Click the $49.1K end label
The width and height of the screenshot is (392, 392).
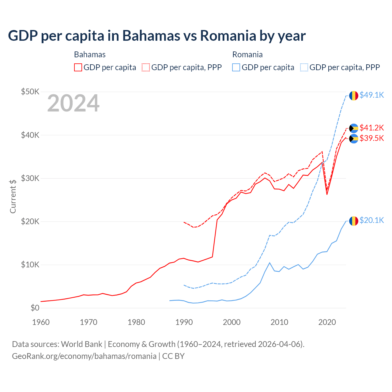coord(371,95)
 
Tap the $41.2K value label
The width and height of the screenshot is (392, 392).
coord(371,128)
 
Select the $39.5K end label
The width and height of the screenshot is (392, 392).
coord(371,138)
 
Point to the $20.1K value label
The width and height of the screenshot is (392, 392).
coord(371,220)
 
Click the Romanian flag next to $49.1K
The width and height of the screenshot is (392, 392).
coord(354,96)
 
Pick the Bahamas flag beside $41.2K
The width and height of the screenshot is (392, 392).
coord(354,128)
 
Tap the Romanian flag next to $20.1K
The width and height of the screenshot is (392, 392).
coord(354,221)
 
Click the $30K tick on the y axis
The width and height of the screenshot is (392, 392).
coord(30,178)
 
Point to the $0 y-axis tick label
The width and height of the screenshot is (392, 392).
coord(35,308)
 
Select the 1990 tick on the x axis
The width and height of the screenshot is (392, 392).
coord(184,322)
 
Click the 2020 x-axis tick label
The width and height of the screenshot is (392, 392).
coord(327,322)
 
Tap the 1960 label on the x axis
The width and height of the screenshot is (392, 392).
coord(41,322)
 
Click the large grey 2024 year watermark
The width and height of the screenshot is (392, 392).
coord(73,103)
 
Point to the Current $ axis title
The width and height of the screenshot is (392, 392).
coord(13,196)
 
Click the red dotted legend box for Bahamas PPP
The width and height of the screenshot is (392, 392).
coord(146,67)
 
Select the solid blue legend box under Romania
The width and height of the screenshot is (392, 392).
coord(236,67)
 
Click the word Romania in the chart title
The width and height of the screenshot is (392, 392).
coord(228,36)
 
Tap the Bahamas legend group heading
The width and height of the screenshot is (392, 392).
coord(90,55)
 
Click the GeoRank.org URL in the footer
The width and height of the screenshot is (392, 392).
coord(84,356)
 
